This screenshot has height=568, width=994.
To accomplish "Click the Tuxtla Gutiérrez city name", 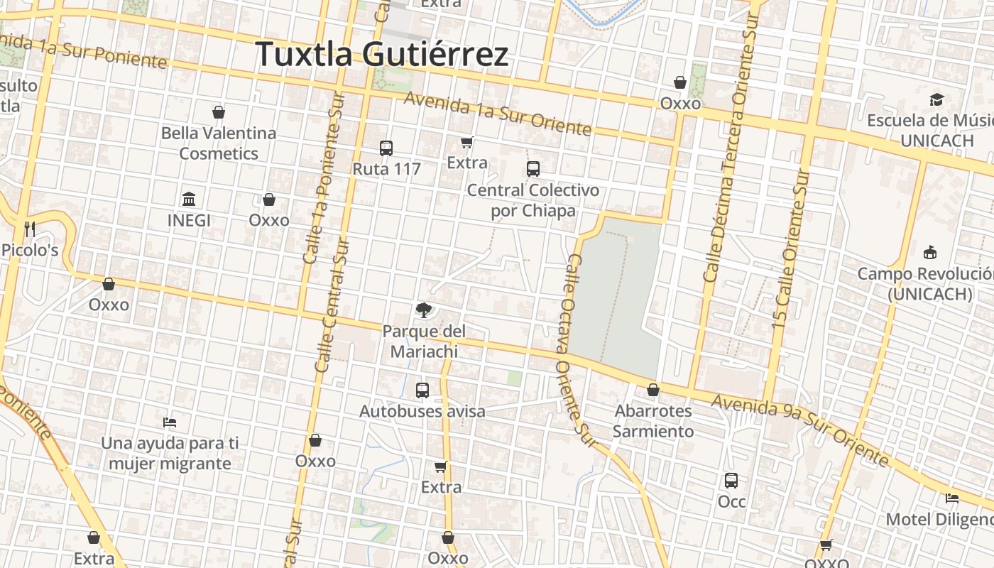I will click(382, 55).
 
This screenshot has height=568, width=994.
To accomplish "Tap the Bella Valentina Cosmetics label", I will click(219, 143).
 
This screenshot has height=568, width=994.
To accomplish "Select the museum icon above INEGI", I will click(189, 199).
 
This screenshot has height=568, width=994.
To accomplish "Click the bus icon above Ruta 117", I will click(386, 148).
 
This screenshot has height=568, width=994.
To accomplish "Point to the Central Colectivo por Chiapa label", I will click(532, 200).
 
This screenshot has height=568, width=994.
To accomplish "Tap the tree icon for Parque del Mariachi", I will click(423, 310).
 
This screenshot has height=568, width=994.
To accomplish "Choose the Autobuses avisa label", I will click(422, 411).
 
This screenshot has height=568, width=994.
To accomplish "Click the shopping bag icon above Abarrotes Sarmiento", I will click(653, 390).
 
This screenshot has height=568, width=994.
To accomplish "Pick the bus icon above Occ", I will click(731, 481).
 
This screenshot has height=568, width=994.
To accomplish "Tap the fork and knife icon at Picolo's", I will click(29, 229).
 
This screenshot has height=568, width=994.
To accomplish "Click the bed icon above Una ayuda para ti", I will click(170, 422).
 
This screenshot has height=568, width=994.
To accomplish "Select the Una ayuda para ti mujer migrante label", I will click(170, 453).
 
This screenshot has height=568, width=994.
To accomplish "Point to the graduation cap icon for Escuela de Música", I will click(937, 99).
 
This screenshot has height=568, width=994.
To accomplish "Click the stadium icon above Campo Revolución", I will click(929, 252).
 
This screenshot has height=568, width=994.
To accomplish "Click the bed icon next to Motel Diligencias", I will click(952, 498).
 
